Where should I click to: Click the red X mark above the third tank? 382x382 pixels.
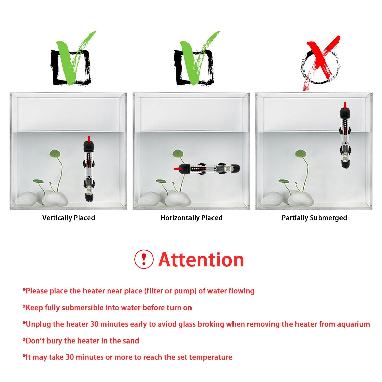[321, 61]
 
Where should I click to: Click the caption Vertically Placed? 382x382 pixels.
[69, 218]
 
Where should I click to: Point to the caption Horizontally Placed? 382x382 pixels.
[192, 218]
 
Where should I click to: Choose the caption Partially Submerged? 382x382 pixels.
[314, 218]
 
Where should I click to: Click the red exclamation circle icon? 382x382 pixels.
[144, 259]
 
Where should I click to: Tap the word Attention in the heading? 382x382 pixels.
[201, 260]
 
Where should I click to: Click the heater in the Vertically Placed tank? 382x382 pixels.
[89, 169]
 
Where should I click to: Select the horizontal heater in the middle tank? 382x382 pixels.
[207, 169]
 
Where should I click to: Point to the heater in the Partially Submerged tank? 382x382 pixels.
[345, 137]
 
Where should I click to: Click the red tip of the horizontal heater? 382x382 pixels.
[176, 168]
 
